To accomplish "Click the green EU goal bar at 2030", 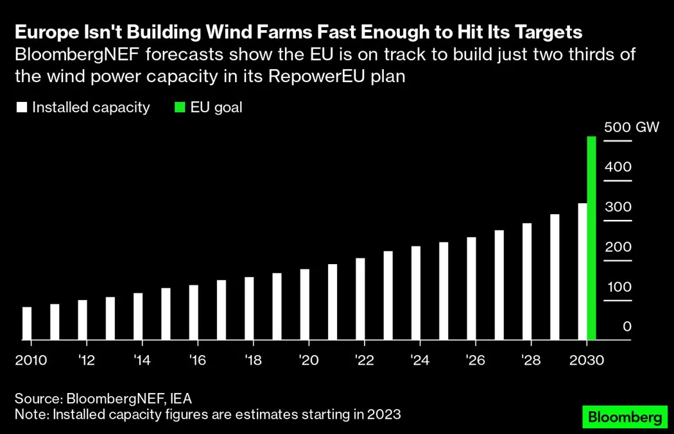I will click(x=592, y=238).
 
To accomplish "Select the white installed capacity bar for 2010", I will click(x=27, y=324).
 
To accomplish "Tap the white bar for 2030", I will click(x=582, y=272).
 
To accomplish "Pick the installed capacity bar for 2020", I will click(x=305, y=305).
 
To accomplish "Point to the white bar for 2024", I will click(x=416, y=293).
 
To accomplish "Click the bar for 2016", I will click(x=194, y=312).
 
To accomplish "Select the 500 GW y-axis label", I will click(x=632, y=127).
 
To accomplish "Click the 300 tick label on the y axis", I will click(x=618, y=206).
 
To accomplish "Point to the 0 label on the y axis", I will click(x=627, y=327).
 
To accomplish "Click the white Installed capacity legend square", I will click(x=22, y=108).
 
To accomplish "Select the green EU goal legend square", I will click(x=180, y=108).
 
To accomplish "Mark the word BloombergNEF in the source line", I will click(x=112, y=398).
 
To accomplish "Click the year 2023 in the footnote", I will click(x=383, y=414).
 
